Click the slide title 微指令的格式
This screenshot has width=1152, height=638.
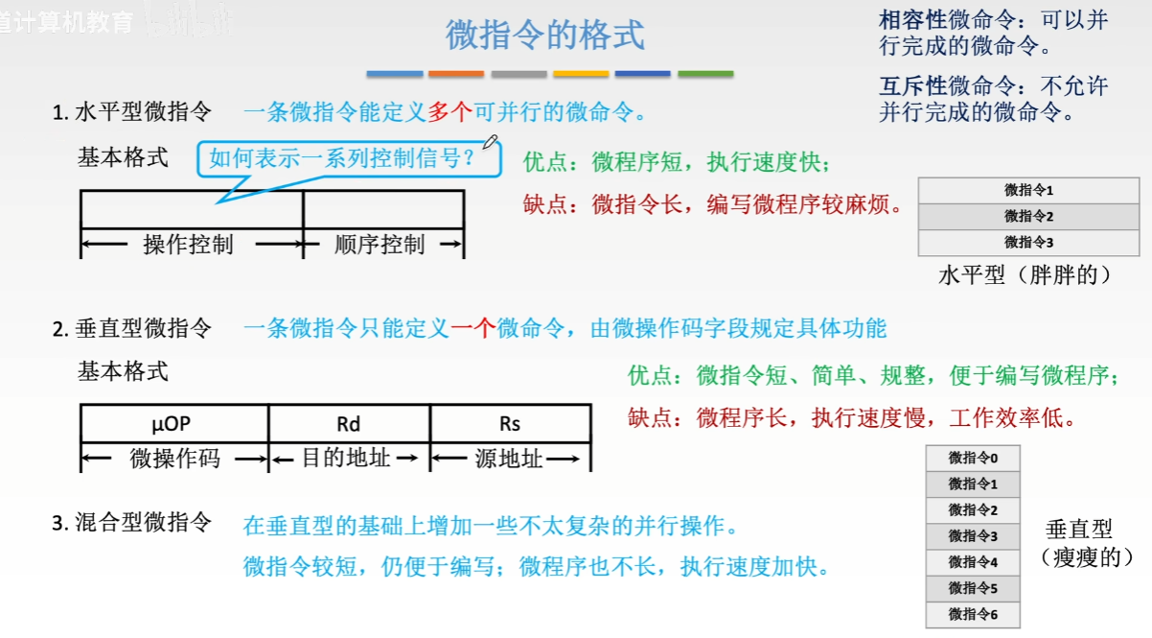[545, 35]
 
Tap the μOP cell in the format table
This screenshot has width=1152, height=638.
[173, 423]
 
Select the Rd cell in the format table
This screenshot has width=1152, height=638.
[349, 423]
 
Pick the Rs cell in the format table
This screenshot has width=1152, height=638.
[510, 423]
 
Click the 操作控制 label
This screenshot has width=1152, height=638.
[188, 245]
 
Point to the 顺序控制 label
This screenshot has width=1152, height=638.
[380, 245]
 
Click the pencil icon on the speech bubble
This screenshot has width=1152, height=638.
[492, 143]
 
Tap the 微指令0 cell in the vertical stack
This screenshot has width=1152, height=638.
[973, 458]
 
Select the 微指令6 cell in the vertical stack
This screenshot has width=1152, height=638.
[973, 613]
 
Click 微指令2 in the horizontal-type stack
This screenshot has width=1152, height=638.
[1028, 216]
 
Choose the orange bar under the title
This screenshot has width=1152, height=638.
[456, 74]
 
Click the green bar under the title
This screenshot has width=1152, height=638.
[705, 74]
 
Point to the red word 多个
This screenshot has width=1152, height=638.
[449, 112]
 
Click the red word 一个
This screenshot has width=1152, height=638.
[473, 329]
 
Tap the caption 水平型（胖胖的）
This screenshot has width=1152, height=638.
[1025, 275]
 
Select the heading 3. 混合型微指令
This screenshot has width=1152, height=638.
[132, 523]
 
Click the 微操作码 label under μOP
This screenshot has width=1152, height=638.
[174, 459]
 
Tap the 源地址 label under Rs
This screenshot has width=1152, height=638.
[509, 459]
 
